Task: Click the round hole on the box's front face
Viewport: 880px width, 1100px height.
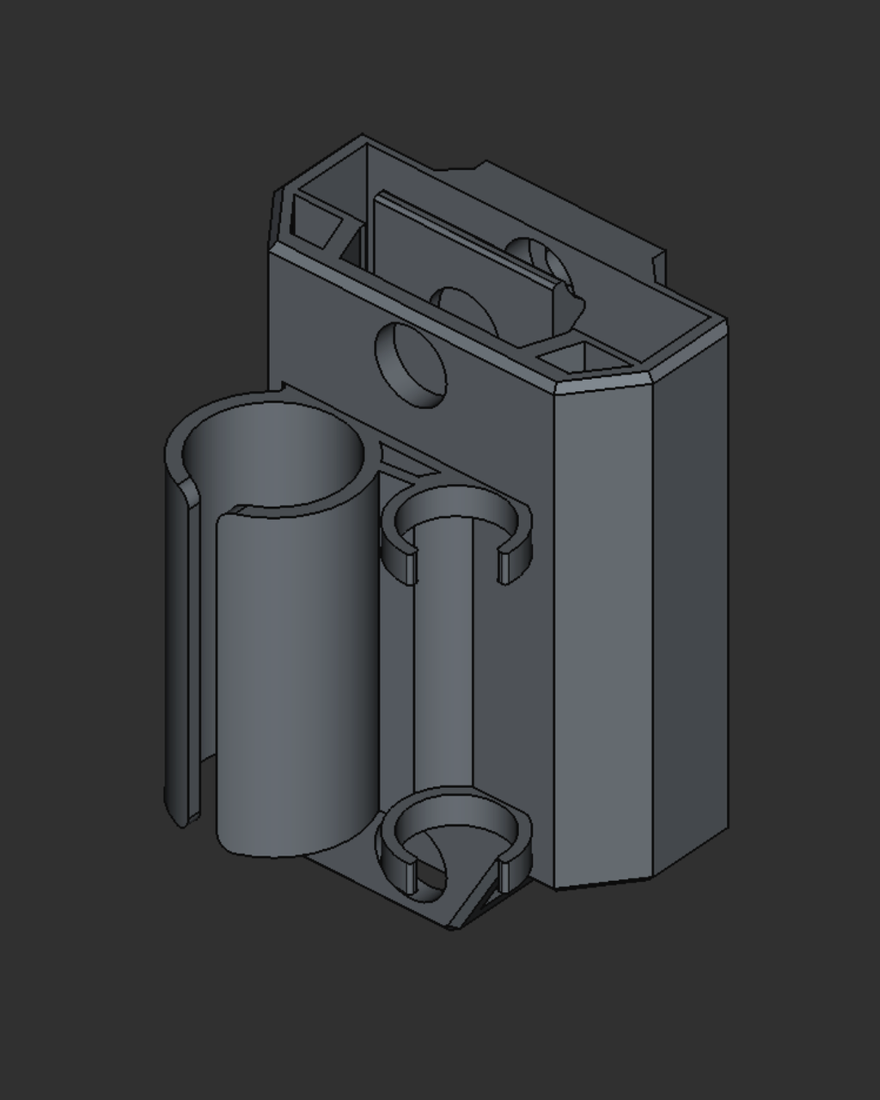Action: tap(411, 365)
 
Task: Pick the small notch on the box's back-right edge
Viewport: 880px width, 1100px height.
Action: tap(659, 266)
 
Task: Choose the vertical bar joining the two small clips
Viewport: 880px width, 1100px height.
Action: tap(443, 662)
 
